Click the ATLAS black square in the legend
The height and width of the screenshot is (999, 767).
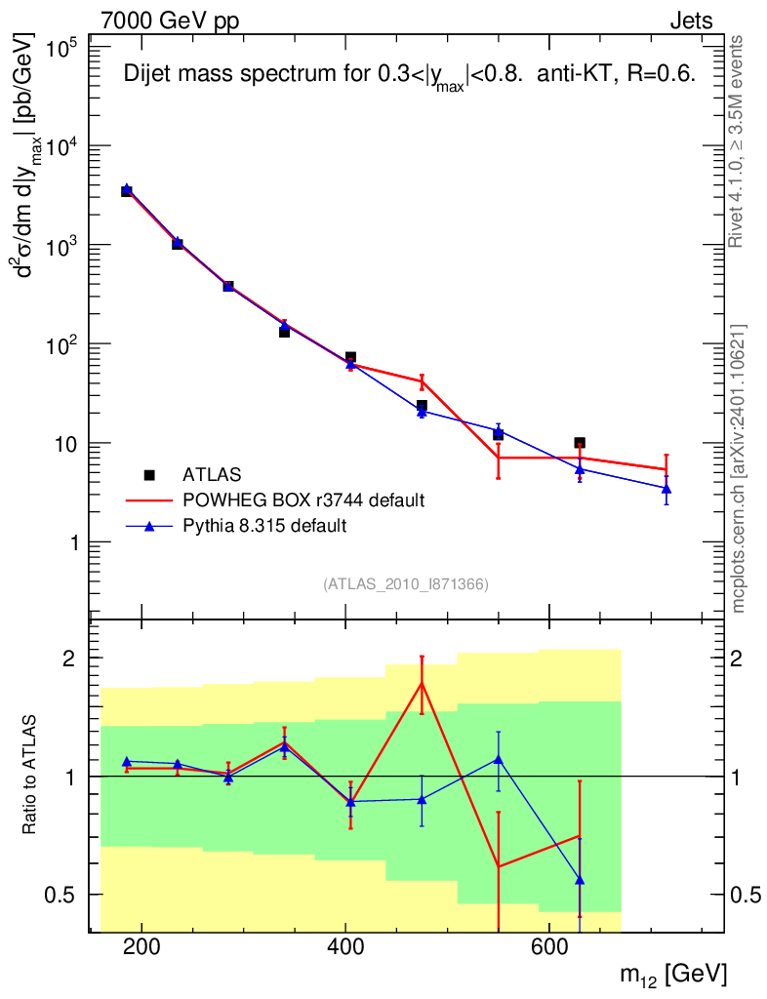(149, 475)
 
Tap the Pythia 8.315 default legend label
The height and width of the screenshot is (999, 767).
(265, 526)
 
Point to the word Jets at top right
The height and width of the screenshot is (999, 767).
(690, 21)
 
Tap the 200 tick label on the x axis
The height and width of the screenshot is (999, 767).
(142, 946)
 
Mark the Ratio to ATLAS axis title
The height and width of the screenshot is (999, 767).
(31, 777)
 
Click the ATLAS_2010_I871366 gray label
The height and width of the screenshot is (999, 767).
(405, 584)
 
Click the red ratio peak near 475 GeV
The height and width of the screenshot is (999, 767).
(422, 683)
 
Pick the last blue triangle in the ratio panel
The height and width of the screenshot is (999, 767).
(580, 880)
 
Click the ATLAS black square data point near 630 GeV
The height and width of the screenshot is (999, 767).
(580, 443)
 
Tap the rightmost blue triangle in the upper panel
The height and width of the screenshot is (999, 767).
(666, 488)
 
